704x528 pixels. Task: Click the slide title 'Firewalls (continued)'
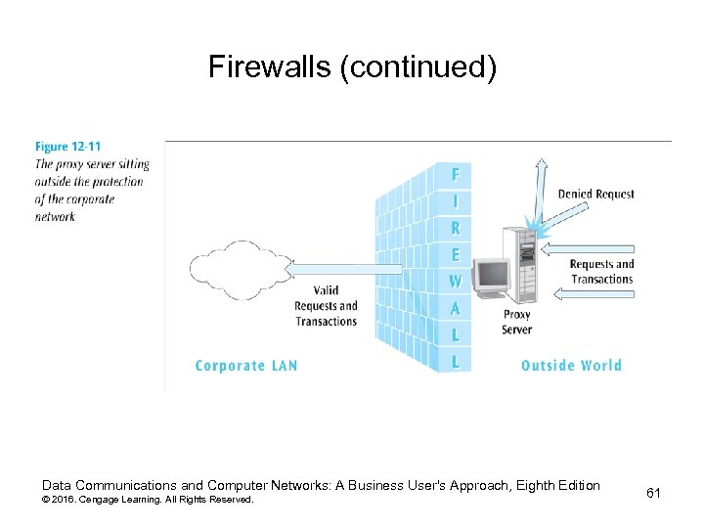pos(352,67)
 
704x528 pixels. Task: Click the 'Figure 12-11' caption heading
pos(67,148)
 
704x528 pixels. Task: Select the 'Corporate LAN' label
pos(246,366)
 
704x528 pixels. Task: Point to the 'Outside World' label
pos(571,366)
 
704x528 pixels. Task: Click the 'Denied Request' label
pos(595,194)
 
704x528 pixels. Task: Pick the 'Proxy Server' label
pos(517,323)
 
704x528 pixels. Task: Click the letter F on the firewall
pos(455,176)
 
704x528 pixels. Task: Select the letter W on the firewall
pos(455,282)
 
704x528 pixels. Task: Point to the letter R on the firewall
pos(455,229)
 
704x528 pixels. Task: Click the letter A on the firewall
pos(455,308)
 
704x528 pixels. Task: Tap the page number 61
pos(653,493)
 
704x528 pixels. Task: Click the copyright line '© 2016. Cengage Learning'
pos(147,500)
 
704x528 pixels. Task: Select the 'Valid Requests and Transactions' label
pos(326,306)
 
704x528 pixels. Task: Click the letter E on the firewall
pos(455,255)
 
